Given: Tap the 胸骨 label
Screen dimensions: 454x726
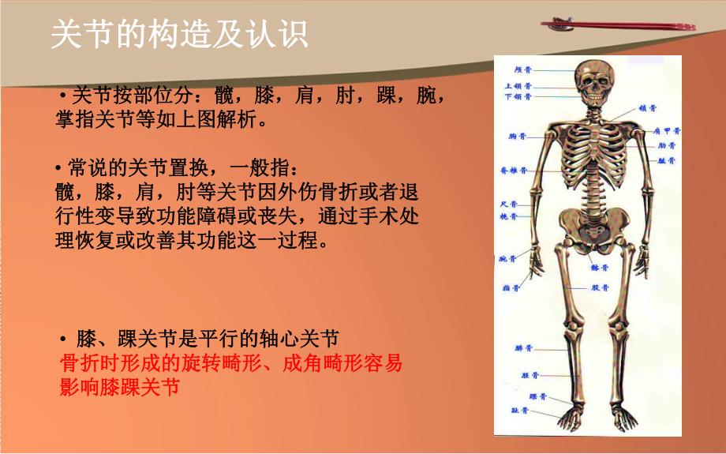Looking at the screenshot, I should click(518, 137).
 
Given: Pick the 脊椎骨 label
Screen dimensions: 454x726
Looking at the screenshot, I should click(514, 170).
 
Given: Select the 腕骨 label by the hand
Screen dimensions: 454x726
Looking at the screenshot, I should click(508, 259).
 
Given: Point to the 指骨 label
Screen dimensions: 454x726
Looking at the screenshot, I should click(511, 288).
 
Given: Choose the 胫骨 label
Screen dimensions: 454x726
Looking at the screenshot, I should click(530, 374).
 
